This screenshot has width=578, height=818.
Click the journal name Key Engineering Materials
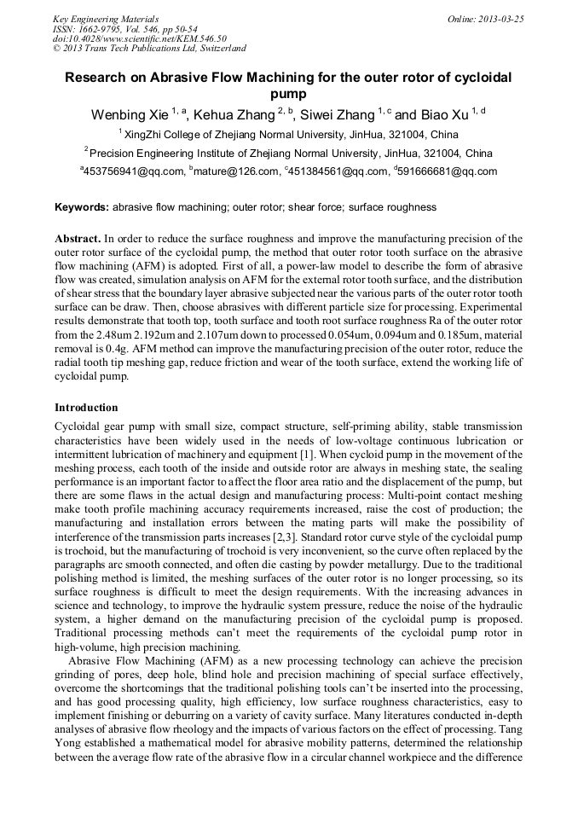tap(106, 18)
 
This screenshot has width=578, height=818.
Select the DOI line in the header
tap(140, 38)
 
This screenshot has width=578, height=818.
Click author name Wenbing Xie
tap(130, 115)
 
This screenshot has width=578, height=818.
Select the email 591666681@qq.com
tap(447, 171)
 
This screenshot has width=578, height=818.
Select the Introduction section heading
tap(86, 408)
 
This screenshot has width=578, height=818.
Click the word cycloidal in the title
tap(481, 78)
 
